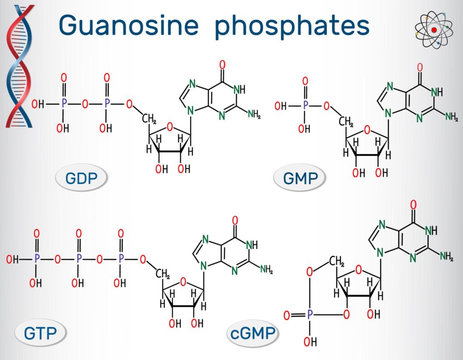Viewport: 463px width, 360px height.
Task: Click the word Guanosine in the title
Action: point(129,25)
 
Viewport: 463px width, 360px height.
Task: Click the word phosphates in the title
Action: point(292,26)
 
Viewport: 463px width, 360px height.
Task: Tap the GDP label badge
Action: point(81,178)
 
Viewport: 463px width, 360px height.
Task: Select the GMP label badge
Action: point(300,178)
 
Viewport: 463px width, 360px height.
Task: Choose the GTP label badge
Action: point(40,333)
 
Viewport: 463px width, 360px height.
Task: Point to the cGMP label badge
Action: point(252,333)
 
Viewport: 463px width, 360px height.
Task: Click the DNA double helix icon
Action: point(20,66)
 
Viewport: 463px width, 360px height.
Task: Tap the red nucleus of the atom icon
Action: point(434,30)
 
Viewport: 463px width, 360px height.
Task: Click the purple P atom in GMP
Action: point(305,105)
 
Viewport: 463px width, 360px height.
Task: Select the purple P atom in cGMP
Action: point(309,315)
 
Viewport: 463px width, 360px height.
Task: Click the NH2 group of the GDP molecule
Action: point(254,114)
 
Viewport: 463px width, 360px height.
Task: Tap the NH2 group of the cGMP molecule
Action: point(446,256)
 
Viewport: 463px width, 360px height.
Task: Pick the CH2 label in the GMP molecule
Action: point(346,122)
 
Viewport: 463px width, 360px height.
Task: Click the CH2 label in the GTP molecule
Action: point(162,274)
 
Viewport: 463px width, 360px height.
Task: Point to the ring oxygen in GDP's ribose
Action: point(170,127)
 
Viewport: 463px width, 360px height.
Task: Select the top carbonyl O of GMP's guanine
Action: point(420,67)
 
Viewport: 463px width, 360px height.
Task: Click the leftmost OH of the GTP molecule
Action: point(12,259)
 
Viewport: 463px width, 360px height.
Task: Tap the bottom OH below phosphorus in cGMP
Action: point(310,341)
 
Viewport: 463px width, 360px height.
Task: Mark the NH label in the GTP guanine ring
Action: point(251,244)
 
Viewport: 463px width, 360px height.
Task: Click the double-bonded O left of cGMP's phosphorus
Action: point(287,315)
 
